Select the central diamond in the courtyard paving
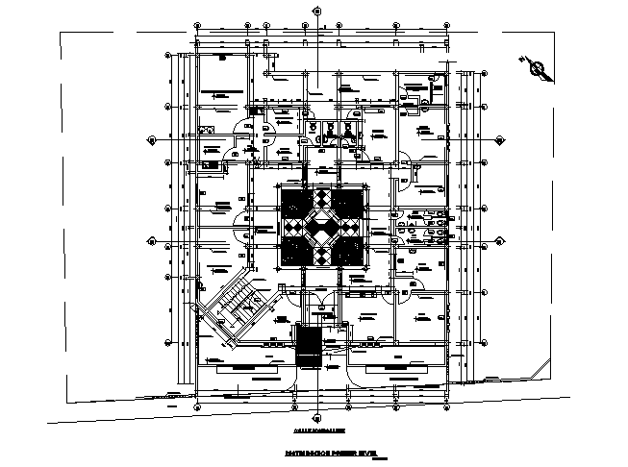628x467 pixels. click(321, 228)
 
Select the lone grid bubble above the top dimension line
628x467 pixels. click(317, 12)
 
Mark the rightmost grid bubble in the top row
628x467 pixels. click(447, 24)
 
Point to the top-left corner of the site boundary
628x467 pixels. click(62, 36)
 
